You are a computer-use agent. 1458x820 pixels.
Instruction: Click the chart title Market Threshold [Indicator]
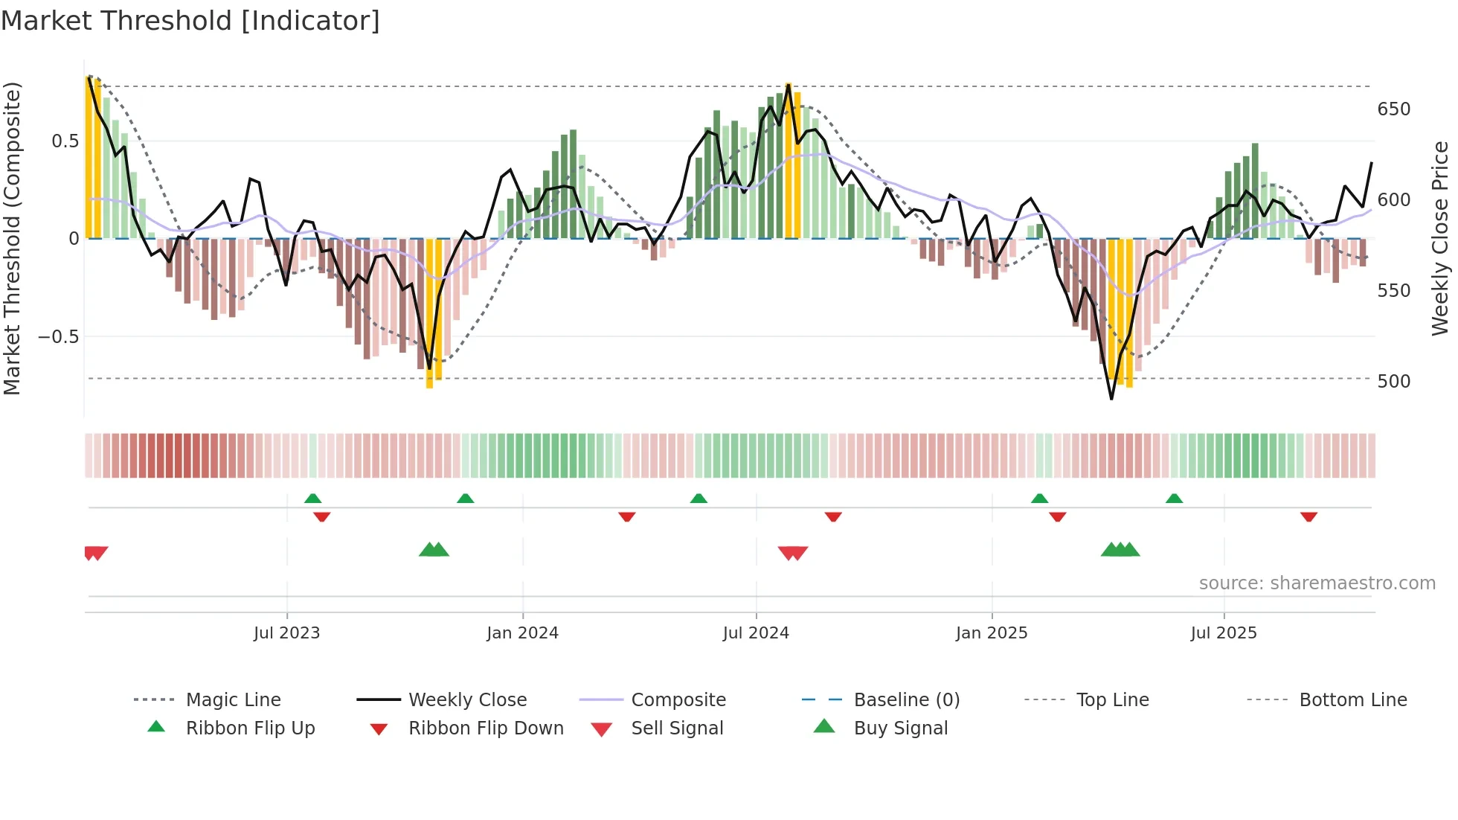(190, 21)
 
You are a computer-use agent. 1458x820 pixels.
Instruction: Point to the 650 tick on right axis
(1393, 109)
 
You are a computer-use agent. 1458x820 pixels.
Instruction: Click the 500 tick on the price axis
(1393, 382)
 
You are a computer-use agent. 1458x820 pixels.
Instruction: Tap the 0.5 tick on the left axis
(65, 141)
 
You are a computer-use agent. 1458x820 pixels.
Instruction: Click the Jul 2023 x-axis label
(286, 633)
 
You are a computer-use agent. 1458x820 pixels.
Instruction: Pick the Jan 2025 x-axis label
(991, 633)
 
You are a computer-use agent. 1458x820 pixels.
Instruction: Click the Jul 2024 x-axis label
(755, 633)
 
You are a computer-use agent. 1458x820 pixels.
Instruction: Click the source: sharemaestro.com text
(1317, 583)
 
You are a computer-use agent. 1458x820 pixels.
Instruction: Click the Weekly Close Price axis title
(1440, 238)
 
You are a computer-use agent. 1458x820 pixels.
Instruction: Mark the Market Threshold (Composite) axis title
(12, 238)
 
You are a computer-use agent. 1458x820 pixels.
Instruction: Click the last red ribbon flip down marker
(1308, 516)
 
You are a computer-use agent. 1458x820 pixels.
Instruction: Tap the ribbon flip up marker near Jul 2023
(312, 499)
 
